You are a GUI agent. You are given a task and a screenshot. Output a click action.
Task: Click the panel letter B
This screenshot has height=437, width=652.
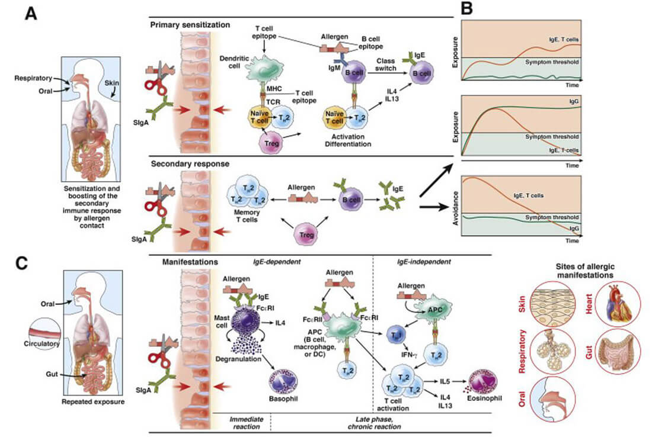click(x=467, y=10)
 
